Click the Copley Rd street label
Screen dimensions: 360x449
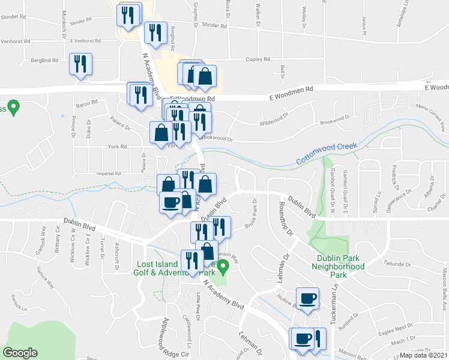(x=258, y=60)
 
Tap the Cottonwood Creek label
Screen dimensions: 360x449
(x=327, y=153)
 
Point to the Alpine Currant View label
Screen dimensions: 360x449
(x=428, y=117)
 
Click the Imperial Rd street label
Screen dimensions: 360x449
(x=109, y=173)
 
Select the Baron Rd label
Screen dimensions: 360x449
(x=86, y=103)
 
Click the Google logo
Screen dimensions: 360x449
(x=20, y=353)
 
